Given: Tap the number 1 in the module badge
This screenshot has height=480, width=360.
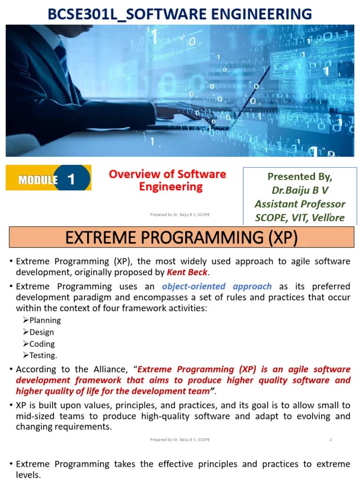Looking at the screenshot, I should pyautogui.click(x=71, y=179).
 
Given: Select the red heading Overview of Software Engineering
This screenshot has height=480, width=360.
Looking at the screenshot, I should pyautogui.click(x=167, y=180).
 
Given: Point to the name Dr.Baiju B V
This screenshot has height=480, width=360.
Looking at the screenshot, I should pyautogui.click(x=300, y=190).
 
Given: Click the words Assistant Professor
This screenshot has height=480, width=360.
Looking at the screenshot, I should pyautogui.click(x=300, y=204).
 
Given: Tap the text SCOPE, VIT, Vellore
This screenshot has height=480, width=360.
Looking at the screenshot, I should pyautogui.click(x=300, y=217).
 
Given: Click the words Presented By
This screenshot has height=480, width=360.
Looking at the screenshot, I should pyautogui.click(x=300, y=176).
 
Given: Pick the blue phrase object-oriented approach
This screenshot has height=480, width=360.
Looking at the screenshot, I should pyautogui.click(x=217, y=286).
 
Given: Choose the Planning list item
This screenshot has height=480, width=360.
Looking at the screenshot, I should pyautogui.click(x=45, y=320).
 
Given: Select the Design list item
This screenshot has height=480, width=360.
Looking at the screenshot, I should pyautogui.click(x=42, y=332).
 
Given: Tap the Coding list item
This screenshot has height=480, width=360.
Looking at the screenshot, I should pyautogui.click(x=42, y=344).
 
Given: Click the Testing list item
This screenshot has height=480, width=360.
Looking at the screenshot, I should pyautogui.click(x=43, y=355).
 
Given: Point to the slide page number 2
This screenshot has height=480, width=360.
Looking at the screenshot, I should pyautogui.click(x=330, y=440).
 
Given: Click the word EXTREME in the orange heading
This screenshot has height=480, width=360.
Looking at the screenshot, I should pyautogui.click(x=93, y=238).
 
